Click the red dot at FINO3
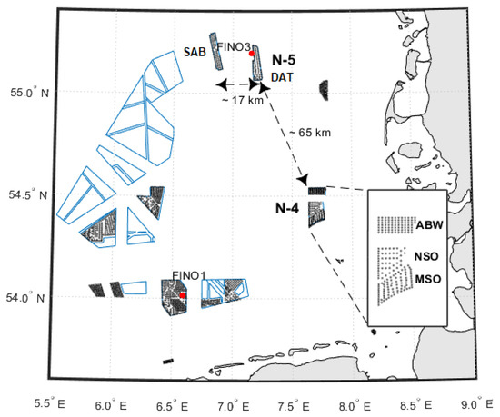(x=252, y=54)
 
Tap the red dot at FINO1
(x=183, y=295)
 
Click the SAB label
(x=195, y=52)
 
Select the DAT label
(x=282, y=77)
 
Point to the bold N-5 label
(x=284, y=60)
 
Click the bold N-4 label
(x=287, y=209)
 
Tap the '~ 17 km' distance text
(x=243, y=100)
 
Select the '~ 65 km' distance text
(x=310, y=133)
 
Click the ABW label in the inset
(x=429, y=225)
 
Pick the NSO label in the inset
(x=426, y=256)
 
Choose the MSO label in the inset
(x=428, y=279)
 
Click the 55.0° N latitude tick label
(x=30, y=93)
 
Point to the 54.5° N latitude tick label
(x=28, y=195)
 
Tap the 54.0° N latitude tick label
(x=25, y=298)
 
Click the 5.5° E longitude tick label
(x=50, y=404)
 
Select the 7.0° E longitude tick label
(x=234, y=406)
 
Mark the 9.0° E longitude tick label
(x=477, y=404)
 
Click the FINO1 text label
(x=189, y=275)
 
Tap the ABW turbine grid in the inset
(x=396, y=225)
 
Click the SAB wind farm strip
(x=216, y=51)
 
